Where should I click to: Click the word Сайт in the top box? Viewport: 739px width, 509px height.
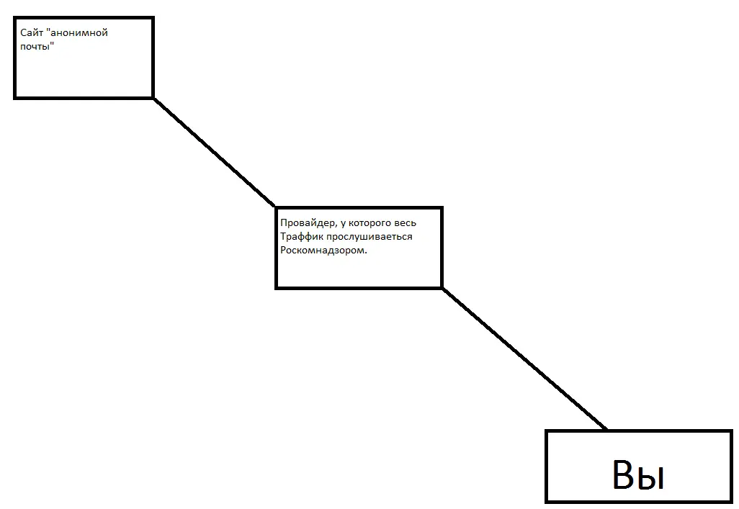[x=32, y=33]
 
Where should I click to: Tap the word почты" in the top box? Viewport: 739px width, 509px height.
[x=37, y=46]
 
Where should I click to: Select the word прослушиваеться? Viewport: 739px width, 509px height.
[x=369, y=237]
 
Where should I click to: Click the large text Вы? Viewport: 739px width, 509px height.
[x=639, y=474]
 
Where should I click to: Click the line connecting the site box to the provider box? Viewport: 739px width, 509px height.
[x=215, y=152]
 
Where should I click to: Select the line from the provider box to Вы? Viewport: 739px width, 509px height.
[x=524, y=359]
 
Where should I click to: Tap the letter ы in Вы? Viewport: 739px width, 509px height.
[x=653, y=478]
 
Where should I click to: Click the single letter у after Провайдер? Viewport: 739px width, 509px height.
[x=343, y=224]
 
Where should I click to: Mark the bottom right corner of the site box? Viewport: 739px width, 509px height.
[x=153, y=98]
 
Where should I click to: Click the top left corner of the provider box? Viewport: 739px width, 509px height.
[x=276, y=207]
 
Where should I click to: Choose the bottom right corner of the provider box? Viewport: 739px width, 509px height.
[x=442, y=287]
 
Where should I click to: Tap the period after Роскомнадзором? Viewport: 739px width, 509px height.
[x=366, y=253]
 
